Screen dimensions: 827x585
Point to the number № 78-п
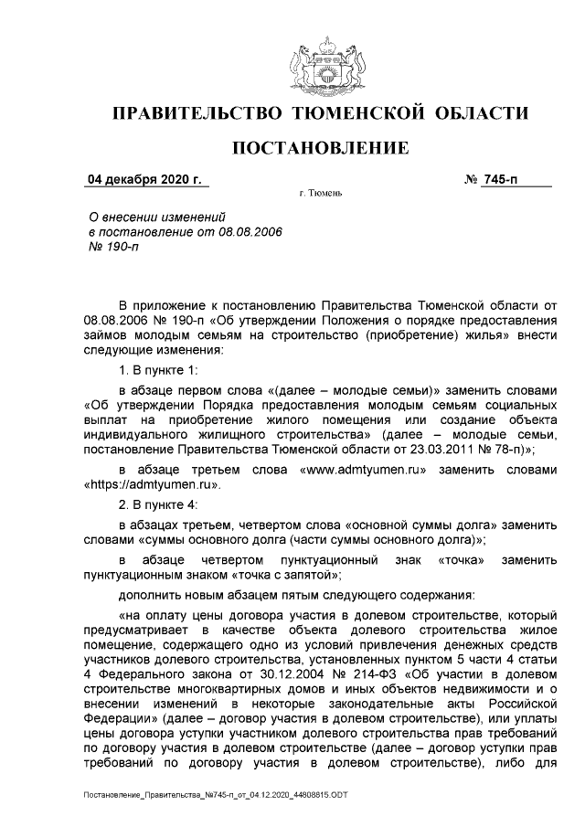(x=511, y=450)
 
